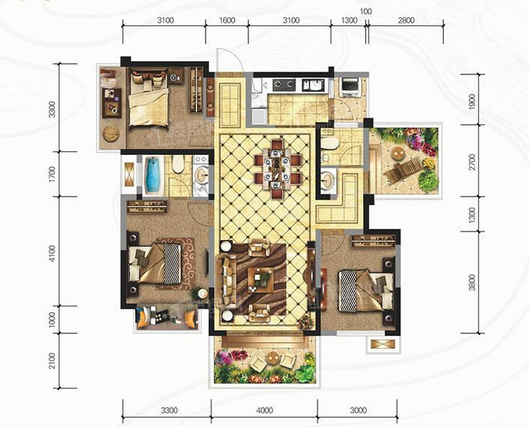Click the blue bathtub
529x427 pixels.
coord(154,176)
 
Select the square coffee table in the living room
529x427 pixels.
coord(261,280)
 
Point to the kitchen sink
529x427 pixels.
coord(313,85)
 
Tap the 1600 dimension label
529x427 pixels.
coord(227,21)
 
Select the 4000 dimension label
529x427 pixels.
coord(264,411)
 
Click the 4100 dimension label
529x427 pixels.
coord(52,253)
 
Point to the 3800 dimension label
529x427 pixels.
coord(472,282)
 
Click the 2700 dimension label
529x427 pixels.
coord(472,162)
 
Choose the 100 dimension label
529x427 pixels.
coord(366,11)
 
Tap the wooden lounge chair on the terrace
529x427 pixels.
coord(403,170)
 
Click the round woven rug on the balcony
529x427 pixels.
coord(111,133)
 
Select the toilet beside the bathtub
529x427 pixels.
coord(178,164)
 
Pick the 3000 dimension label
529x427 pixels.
coord(358,411)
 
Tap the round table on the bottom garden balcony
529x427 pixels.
coord(272,358)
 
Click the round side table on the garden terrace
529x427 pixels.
coord(398,154)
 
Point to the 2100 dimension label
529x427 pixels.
coord(52,361)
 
